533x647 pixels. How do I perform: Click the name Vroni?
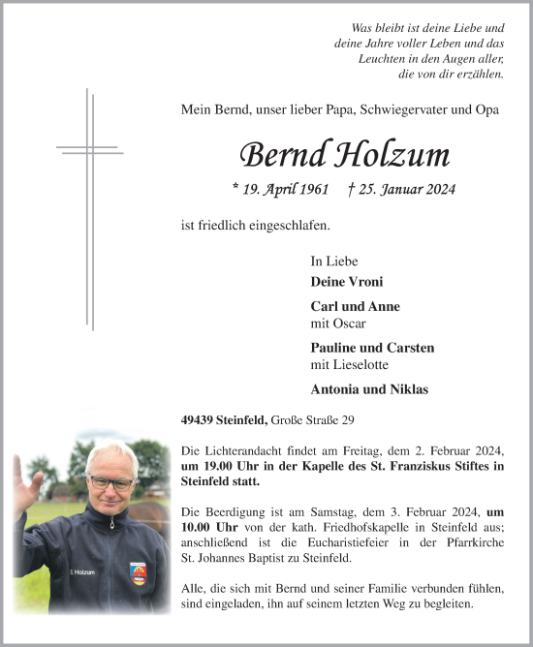tap(365, 282)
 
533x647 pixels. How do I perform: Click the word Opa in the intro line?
tap(487, 110)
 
